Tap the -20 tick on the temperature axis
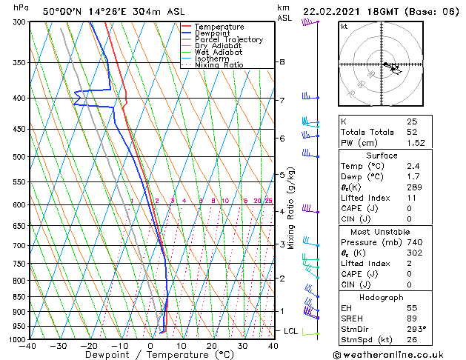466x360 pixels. (x=89, y=345)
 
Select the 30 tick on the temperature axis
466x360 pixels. (x=242, y=345)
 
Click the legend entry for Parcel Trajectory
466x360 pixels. (x=228, y=40)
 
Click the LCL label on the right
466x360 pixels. (x=290, y=330)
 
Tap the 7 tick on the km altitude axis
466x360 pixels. (x=282, y=100)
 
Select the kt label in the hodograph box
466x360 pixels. (x=344, y=26)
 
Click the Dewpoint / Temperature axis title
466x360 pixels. (x=150, y=355)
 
